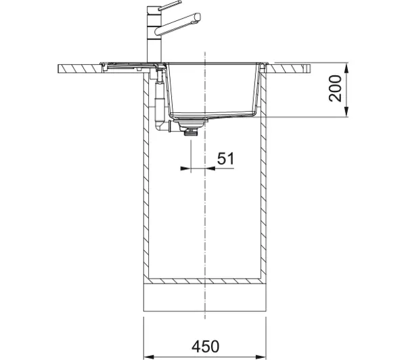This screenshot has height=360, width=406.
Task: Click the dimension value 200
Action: coord(336,88)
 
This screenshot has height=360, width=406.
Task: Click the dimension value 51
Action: coord(225,158)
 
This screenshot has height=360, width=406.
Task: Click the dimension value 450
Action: coord(205,346)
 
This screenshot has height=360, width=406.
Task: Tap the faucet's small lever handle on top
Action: coord(170,5)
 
